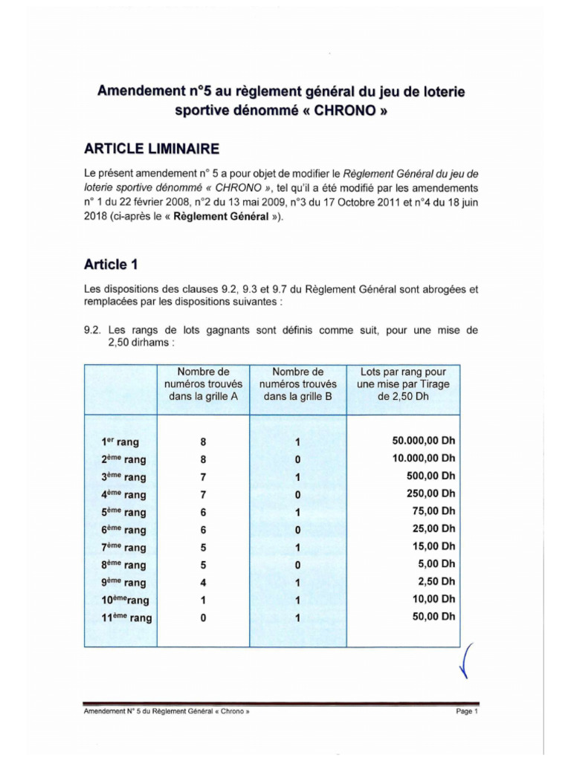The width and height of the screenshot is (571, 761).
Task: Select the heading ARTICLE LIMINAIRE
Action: pyautogui.click(x=152, y=149)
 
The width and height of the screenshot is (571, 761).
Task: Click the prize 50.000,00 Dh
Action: pyautogui.click(x=423, y=441)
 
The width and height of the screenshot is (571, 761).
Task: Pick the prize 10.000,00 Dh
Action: pyautogui.click(x=423, y=459)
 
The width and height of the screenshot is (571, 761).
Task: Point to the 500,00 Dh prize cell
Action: pyautogui.click(x=435, y=476)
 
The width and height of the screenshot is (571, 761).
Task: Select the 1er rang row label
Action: pyautogui.click(x=120, y=442)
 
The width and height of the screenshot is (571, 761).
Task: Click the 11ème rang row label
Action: pyautogui.click(x=126, y=618)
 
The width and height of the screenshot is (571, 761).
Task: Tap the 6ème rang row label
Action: pyautogui.click(x=123, y=530)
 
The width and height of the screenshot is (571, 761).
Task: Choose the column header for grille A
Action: pyautogui.click(x=203, y=384)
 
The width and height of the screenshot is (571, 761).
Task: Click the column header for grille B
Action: pyautogui.click(x=297, y=384)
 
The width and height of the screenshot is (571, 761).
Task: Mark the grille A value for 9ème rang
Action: pyautogui.click(x=203, y=583)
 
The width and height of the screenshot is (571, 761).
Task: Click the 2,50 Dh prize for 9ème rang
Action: pyautogui.click(x=439, y=582)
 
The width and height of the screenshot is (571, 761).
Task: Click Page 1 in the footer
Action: pyautogui.click(x=466, y=711)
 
